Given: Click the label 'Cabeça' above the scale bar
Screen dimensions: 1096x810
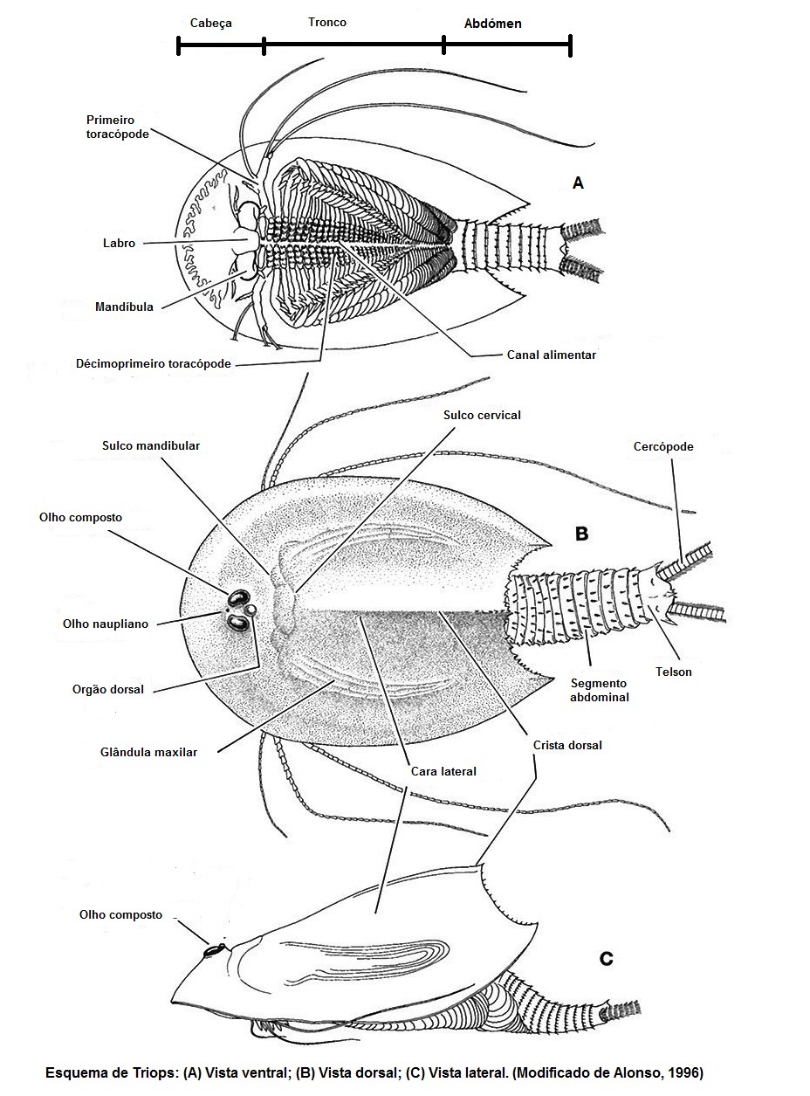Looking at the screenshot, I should click(x=211, y=24).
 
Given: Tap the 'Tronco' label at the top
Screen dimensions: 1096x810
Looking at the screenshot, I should click(x=326, y=22).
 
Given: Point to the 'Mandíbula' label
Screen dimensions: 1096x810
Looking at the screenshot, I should click(x=124, y=307).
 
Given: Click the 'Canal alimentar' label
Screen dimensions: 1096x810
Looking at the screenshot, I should click(x=551, y=355).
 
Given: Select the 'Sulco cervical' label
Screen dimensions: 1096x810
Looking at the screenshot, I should click(x=481, y=415).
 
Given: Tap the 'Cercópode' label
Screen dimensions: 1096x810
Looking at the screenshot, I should click(x=663, y=446).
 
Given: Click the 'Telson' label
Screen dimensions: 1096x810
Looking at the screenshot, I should click(x=674, y=672).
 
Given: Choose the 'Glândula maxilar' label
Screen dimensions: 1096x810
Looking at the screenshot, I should click(x=148, y=751).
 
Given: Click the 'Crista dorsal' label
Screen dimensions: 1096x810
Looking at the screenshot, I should click(x=566, y=745).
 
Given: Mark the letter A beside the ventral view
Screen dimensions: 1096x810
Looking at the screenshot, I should click(x=577, y=183).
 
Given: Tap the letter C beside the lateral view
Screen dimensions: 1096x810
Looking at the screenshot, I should click(x=606, y=959).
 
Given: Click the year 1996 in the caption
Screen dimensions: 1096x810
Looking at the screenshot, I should click(x=687, y=1072).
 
